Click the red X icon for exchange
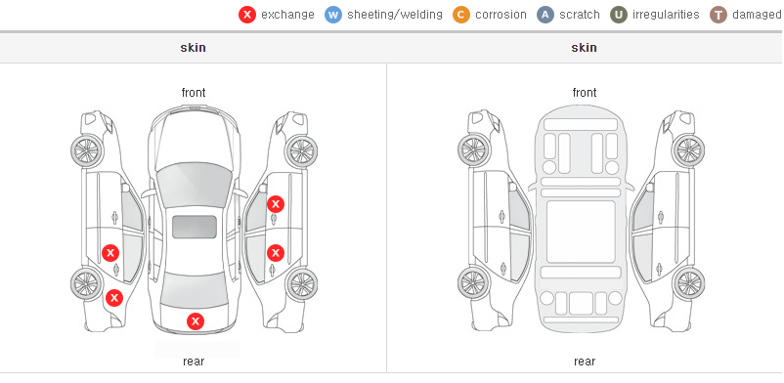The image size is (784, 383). coord(247,15)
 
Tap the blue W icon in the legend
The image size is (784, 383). coord(333,15)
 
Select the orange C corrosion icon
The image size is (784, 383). coord(461,15)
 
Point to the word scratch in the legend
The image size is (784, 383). coord(580,15)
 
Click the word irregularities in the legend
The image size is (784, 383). coord(666,15)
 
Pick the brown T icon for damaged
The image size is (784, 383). coord(718,15)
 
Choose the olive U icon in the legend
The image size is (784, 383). coord(619,15)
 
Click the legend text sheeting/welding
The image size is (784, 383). coord(395,15)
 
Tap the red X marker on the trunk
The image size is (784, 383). coord(196,321)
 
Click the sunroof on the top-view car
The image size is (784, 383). coord(195,227)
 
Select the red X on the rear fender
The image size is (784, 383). coord(114,299)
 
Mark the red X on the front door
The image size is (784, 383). coord(276,204)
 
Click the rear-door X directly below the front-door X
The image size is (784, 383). coord(276,253)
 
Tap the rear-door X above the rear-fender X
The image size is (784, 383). coord(110,253)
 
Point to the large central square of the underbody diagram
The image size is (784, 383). coord(581,232)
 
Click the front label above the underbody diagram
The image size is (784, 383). coord(585,93)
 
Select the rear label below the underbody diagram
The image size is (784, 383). coord(585,362)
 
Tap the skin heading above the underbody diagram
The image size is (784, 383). coord(584,48)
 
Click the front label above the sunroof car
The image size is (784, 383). coord(194,93)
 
